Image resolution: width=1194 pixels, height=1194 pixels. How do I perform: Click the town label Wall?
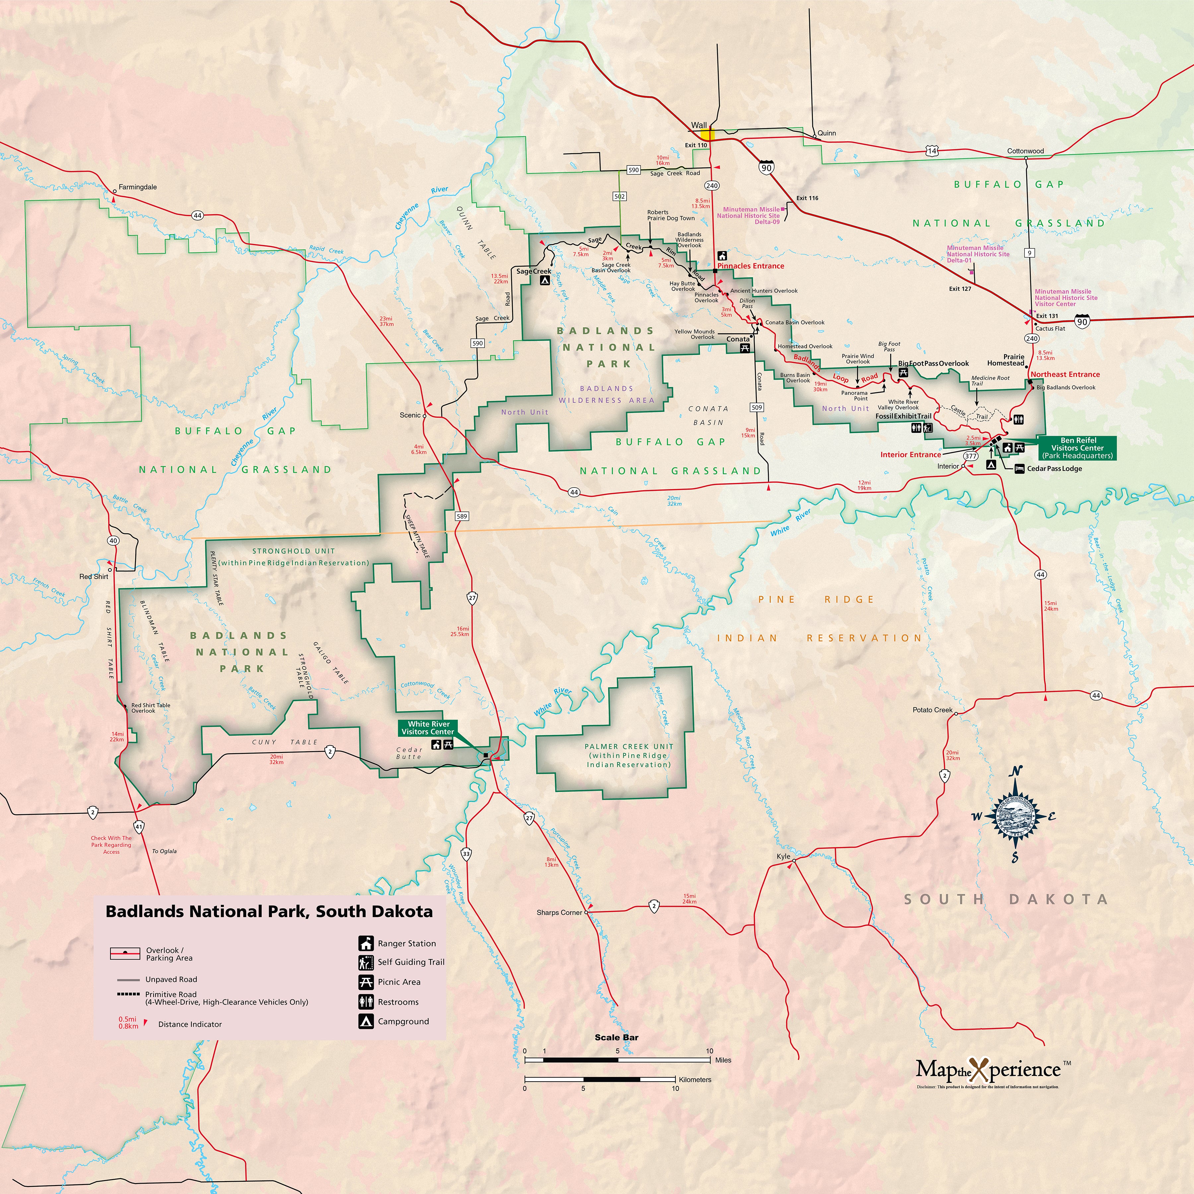point(698,125)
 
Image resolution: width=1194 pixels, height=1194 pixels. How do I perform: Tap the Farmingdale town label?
point(137,187)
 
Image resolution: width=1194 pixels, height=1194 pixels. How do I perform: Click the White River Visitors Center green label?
point(428,727)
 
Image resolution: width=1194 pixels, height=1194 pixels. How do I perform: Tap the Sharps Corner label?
point(559,912)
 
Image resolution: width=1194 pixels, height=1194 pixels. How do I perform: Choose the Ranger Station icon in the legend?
point(366,943)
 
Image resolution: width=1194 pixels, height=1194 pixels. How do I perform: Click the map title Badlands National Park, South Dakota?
point(269,911)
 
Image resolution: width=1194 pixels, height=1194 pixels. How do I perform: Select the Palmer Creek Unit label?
point(629,755)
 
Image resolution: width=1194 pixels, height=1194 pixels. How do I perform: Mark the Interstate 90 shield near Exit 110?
point(766,167)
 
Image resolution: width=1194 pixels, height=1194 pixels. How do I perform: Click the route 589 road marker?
point(462,516)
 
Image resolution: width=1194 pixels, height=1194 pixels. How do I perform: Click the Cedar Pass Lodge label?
point(1054,468)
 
